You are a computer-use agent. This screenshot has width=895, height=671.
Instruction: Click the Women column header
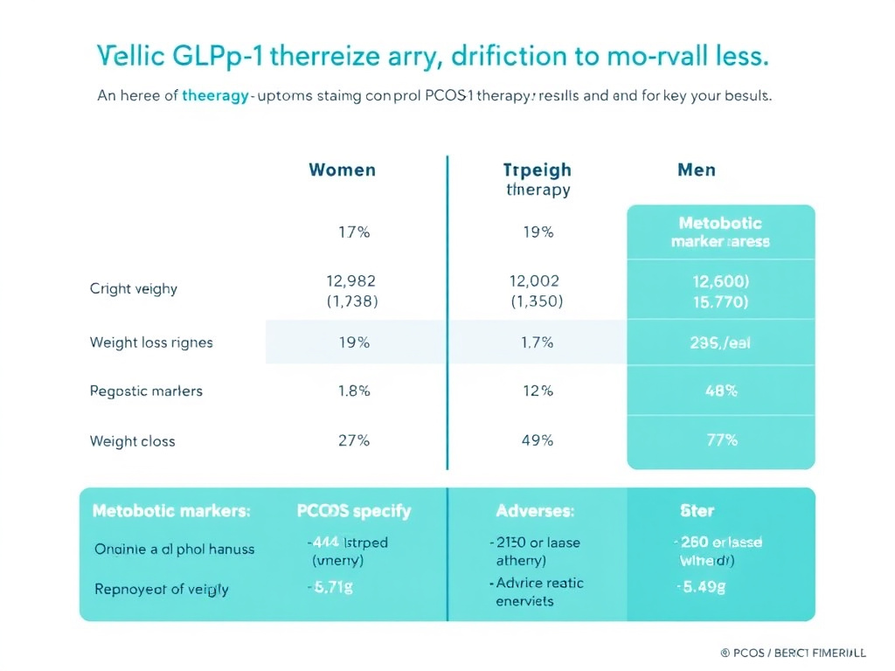pyautogui.click(x=342, y=169)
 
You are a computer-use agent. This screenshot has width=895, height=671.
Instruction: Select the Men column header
pyautogui.click(x=697, y=169)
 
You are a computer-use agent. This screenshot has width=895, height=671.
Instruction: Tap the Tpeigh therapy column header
pyautogui.click(x=538, y=179)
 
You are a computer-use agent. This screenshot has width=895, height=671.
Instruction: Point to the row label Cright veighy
pyautogui.click(x=133, y=288)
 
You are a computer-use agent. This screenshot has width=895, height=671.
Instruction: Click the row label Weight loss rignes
pyautogui.click(x=151, y=342)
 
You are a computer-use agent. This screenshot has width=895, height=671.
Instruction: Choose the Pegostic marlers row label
pyautogui.click(x=146, y=391)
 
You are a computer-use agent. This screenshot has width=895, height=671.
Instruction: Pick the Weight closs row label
pyautogui.click(x=132, y=441)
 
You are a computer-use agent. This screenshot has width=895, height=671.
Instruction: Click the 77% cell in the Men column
pyautogui.click(x=721, y=440)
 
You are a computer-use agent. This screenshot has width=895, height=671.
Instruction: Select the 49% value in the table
pyautogui.click(x=538, y=440)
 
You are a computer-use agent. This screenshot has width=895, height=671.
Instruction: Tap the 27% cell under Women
pyautogui.click(x=354, y=440)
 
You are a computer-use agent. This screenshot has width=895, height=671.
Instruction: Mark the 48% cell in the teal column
pyautogui.click(x=721, y=391)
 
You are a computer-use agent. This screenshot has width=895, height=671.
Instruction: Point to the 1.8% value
pyautogui.click(x=354, y=391)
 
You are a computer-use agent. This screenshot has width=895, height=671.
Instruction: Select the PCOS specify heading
pyautogui.click(x=354, y=510)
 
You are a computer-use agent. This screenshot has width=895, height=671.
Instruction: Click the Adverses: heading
pyautogui.click(x=535, y=510)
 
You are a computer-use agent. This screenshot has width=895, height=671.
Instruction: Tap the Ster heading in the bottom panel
pyautogui.click(x=697, y=510)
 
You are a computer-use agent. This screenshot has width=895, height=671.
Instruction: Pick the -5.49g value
pyautogui.click(x=702, y=587)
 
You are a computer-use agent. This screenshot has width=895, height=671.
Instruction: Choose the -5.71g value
pyautogui.click(x=330, y=587)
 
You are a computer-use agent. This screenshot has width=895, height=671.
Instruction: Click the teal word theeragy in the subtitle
pyautogui.click(x=215, y=97)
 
